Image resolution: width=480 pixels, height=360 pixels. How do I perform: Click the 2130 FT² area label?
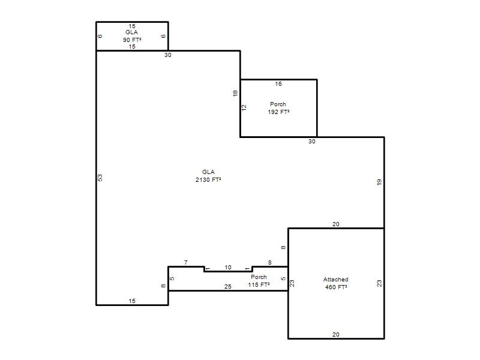click(x=208, y=179)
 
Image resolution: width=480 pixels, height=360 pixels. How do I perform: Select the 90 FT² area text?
click(x=132, y=40)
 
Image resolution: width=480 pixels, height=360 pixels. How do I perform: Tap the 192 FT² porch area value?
click(x=278, y=112)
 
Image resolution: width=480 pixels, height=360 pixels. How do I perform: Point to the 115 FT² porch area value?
click(x=259, y=284)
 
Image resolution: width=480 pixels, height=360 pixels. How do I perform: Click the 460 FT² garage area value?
click(x=336, y=287)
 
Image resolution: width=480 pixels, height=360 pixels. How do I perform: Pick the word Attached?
click(x=336, y=280)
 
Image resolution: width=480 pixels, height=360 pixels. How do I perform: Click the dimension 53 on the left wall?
click(x=100, y=178)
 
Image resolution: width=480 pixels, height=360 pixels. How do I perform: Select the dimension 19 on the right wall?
click(x=379, y=182)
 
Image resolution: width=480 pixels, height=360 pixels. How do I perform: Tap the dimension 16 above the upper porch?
click(x=278, y=84)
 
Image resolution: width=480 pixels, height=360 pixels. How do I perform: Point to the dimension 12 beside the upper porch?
click(x=244, y=108)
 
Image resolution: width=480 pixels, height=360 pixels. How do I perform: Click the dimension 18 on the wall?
click(x=235, y=94)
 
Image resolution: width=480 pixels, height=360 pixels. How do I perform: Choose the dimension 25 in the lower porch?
click(x=228, y=287)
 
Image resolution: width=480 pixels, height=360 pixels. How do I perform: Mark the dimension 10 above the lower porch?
click(x=228, y=268)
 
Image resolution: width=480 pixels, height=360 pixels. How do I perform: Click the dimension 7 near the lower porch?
click(x=186, y=263)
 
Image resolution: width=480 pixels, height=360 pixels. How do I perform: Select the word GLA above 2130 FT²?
click(x=208, y=172)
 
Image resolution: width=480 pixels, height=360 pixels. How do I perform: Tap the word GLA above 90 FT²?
click(x=131, y=32)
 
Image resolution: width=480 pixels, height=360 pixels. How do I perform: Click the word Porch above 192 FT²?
click(x=278, y=104)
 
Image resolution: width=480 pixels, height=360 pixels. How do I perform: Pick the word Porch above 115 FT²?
click(x=259, y=277)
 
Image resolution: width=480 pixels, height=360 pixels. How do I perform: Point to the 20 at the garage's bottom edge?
click(x=336, y=335)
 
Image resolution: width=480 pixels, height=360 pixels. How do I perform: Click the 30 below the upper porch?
click(x=311, y=142)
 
